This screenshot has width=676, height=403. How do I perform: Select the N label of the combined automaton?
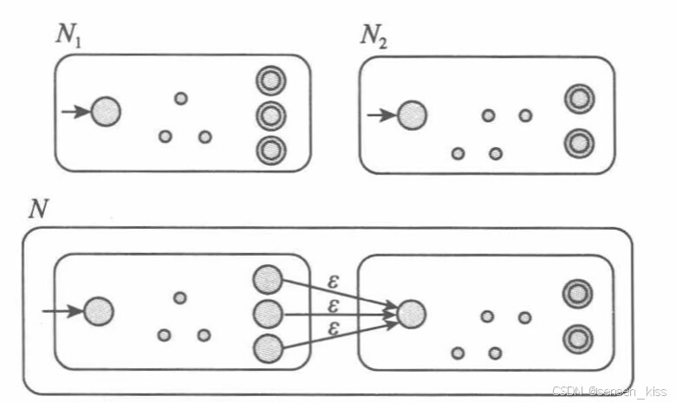tap(38, 208)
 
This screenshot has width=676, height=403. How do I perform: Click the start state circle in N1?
tap(106, 112)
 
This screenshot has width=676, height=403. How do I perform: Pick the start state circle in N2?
tap(412, 114)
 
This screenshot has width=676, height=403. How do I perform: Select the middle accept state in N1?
tap(270, 115)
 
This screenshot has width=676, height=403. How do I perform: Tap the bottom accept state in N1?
tap(270, 150)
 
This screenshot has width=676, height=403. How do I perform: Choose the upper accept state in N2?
tap(578, 100)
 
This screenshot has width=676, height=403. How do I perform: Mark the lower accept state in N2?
tap(578, 142)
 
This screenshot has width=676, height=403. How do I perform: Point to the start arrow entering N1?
tap(76, 112)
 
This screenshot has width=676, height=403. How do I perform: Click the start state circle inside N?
tap(99, 310)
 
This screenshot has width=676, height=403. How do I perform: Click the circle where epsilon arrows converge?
tap(412, 313)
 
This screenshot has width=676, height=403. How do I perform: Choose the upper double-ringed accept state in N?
tap(575, 294)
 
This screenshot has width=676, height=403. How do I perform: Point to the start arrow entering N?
tap(62, 310)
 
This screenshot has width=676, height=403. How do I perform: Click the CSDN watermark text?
tap(611, 391)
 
